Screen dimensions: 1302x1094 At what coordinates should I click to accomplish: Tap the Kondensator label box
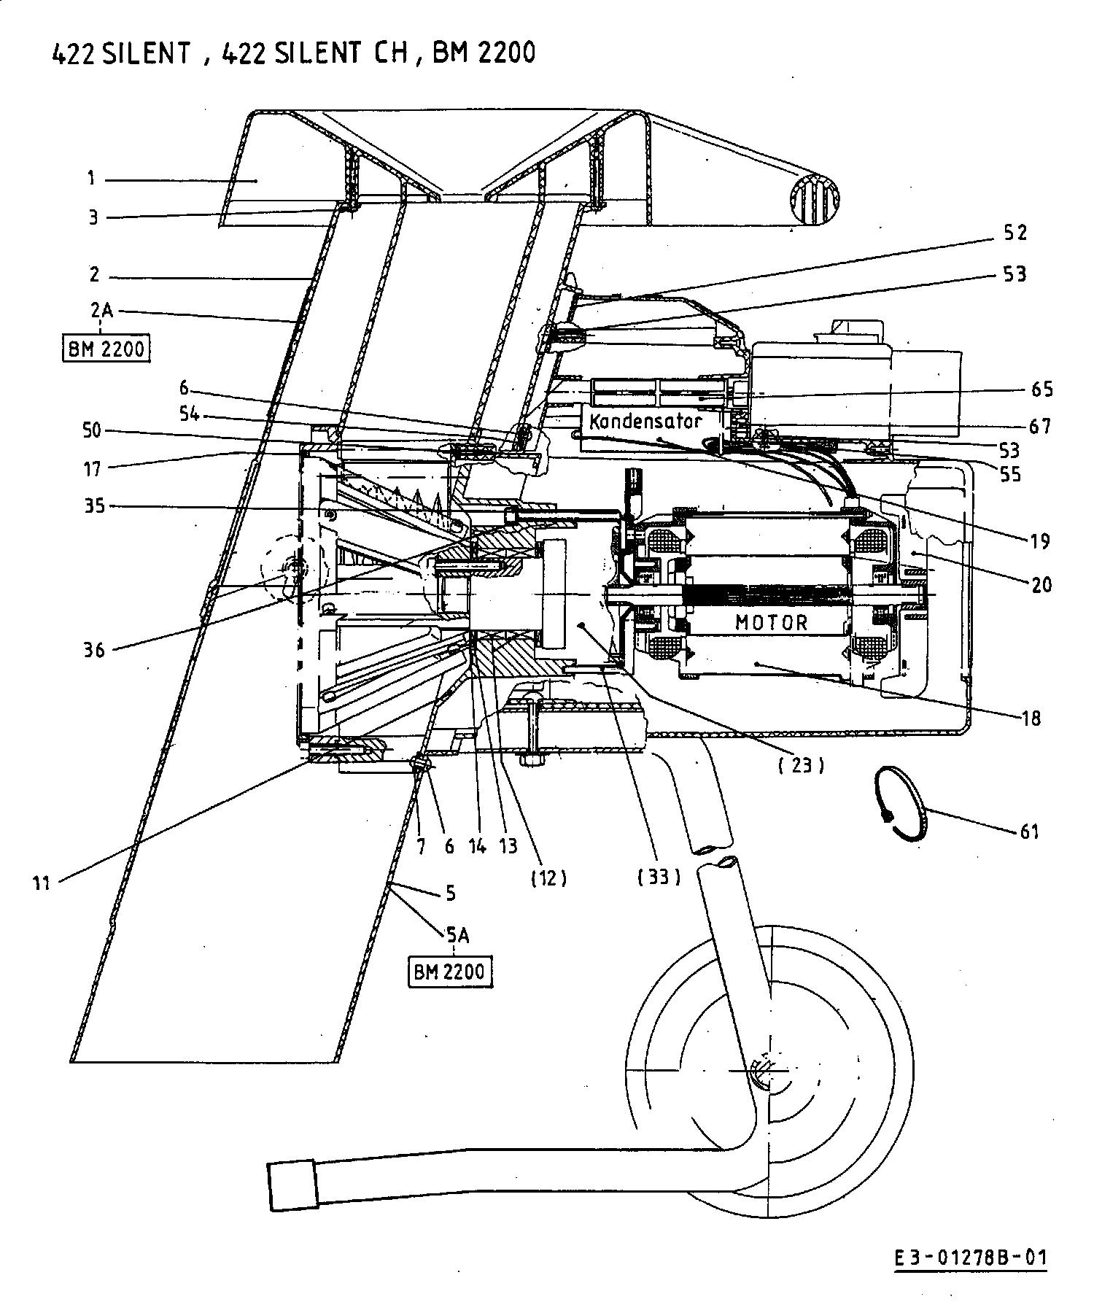(x=646, y=422)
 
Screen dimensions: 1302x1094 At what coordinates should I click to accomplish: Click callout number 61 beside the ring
(x=1028, y=831)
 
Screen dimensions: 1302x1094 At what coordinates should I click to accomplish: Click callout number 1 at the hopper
(x=92, y=178)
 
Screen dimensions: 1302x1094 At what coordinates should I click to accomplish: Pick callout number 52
(x=1015, y=232)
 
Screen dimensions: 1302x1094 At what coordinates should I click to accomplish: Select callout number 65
(x=1042, y=389)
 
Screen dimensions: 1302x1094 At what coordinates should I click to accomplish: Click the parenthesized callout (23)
(x=800, y=765)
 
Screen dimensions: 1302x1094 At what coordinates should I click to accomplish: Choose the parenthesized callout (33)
(x=658, y=877)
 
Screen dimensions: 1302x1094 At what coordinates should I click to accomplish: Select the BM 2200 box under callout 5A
(x=449, y=972)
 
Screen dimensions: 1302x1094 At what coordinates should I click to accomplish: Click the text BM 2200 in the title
(x=484, y=53)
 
